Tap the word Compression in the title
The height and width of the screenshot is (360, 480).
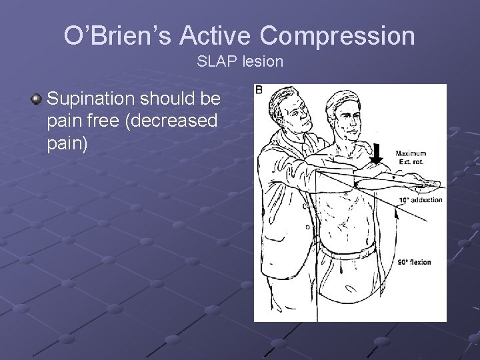(342, 35)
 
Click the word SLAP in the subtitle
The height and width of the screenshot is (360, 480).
(212, 62)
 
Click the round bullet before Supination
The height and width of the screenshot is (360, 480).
(36, 100)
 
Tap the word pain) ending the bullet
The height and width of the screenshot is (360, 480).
(67, 144)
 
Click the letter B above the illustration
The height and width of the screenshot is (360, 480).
(259, 90)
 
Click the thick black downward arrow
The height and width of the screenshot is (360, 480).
(377, 153)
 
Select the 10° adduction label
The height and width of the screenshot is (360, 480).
(420, 200)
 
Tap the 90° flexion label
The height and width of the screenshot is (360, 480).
(415, 262)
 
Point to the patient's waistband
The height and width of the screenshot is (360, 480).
(347, 252)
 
